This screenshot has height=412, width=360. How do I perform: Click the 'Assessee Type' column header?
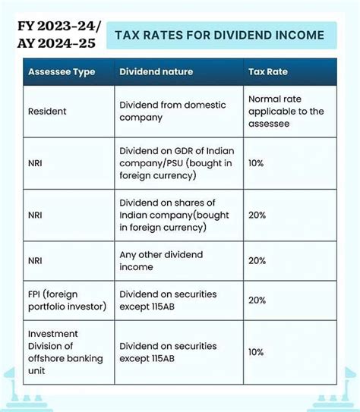62,72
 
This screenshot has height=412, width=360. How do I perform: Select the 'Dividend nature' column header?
156,72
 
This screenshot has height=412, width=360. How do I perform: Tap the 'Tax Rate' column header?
268,72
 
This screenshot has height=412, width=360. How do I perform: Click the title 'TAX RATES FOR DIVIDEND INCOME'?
219,35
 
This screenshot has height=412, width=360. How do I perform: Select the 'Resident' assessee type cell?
47,112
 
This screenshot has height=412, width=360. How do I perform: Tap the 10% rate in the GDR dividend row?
257,163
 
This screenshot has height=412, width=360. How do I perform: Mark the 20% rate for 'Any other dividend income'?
257,260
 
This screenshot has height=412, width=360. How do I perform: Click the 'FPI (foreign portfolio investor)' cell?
68,300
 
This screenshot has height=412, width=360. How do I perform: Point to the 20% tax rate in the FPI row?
257,300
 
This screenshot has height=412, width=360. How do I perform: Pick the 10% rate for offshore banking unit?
257,352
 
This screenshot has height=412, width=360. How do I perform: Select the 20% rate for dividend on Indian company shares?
257,215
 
